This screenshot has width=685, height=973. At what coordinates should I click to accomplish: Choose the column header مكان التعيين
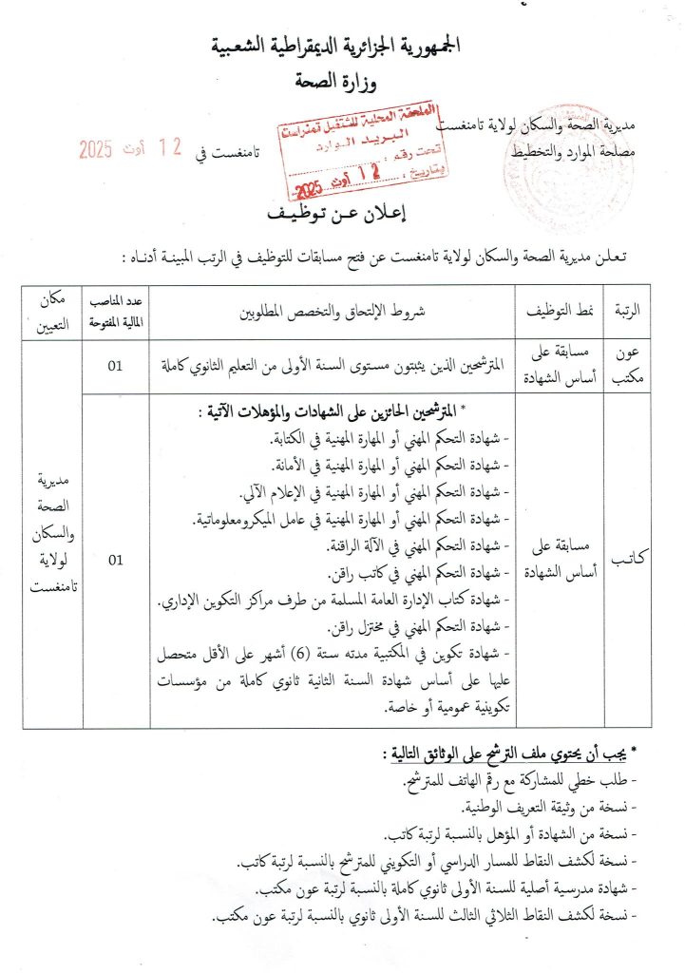tap(52, 311)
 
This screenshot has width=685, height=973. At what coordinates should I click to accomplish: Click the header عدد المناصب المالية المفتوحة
tap(116, 311)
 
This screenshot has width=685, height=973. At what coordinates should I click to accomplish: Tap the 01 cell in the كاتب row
tap(115, 561)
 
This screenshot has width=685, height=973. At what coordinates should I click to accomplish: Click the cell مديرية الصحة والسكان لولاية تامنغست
tap(52, 532)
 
